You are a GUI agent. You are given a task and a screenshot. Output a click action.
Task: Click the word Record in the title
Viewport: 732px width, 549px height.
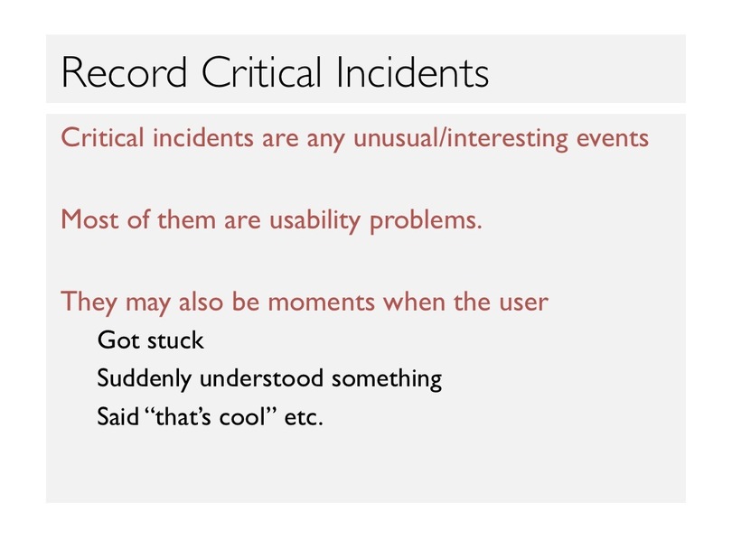[124, 72]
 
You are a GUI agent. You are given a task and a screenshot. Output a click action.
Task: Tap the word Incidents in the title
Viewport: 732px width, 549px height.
[412, 72]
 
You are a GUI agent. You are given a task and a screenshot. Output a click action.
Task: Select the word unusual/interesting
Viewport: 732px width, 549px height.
[460, 138]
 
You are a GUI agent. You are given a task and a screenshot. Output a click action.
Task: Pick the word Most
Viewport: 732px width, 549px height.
[89, 219]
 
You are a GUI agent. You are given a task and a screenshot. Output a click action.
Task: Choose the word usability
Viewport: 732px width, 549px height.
[314, 219]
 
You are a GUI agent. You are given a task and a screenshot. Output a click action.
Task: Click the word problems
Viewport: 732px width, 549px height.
[426, 220]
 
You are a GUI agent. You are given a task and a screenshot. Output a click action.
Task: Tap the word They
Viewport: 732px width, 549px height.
[89, 302]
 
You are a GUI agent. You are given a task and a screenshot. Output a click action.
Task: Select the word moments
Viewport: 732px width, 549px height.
[321, 302]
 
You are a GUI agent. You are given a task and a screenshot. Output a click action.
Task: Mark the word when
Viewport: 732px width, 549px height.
[414, 302]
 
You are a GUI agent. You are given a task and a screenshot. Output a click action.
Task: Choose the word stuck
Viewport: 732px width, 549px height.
[175, 340]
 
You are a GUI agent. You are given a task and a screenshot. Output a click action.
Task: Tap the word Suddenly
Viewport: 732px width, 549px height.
[144, 378]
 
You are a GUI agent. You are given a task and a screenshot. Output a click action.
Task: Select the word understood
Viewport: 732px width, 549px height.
[261, 377]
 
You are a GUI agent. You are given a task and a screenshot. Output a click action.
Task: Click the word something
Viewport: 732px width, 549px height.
[387, 378]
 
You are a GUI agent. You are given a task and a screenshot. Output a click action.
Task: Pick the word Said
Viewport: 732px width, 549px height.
[117, 416]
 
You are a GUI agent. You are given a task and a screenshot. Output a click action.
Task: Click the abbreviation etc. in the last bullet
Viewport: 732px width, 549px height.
[303, 417]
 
